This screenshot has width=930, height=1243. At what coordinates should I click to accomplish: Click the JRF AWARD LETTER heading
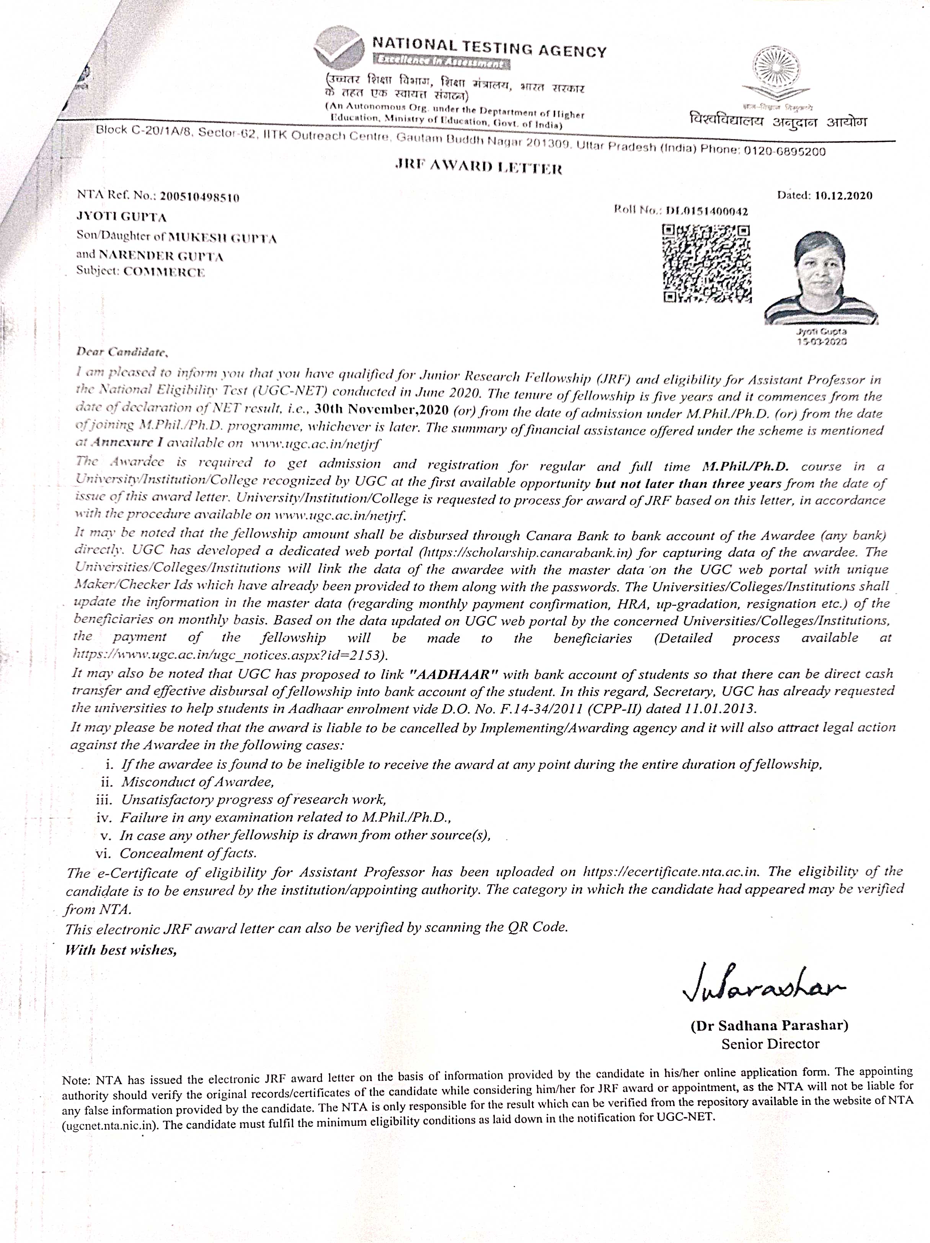[479, 167]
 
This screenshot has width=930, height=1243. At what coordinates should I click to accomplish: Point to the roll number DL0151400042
[706, 211]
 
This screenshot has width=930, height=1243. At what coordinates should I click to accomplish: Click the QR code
[706, 263]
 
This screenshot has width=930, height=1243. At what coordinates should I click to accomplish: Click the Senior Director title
[770, 1044]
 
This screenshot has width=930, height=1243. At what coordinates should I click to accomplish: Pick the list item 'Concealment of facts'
[188, 853]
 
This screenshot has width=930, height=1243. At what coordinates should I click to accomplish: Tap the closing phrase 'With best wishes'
[121, 950]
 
